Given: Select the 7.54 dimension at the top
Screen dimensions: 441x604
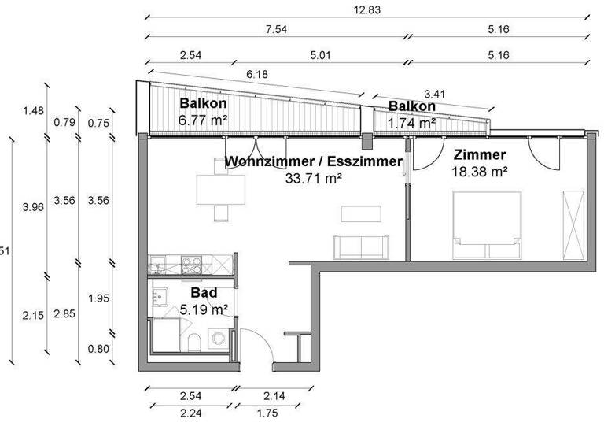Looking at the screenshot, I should [275, 31].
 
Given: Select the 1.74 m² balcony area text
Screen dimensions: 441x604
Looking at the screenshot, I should [411, 123].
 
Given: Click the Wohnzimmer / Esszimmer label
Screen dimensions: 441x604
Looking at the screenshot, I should [313, 162].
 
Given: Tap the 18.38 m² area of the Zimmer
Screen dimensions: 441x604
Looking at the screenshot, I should [479, 170].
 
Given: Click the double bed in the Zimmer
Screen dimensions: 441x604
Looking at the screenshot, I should [487, 225].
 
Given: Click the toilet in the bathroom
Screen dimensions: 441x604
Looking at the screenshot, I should [194, 340].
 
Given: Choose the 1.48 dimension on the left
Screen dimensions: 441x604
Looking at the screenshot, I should [33, 110].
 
